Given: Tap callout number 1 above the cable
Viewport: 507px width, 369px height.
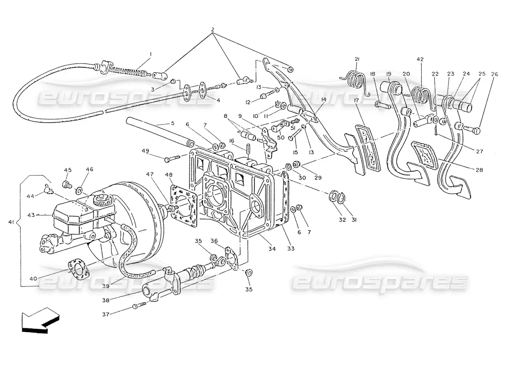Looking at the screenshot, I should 150,54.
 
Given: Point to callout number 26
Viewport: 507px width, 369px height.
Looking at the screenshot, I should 482,74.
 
